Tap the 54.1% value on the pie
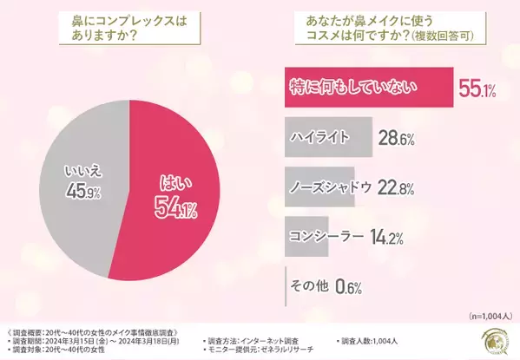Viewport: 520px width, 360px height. (179, 207)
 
